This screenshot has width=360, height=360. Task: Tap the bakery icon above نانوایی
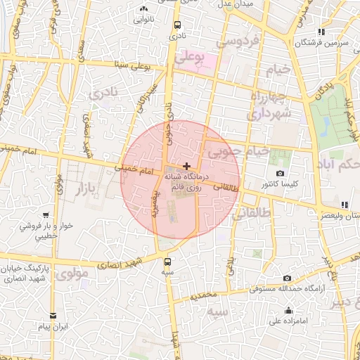pos(144,10)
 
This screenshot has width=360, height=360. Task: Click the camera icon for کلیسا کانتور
pos(281,174)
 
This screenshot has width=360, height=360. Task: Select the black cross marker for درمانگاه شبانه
pos(186,166)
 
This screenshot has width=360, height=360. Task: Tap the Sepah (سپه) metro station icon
pos(167,262)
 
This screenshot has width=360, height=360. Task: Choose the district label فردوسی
pos(237,41)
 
